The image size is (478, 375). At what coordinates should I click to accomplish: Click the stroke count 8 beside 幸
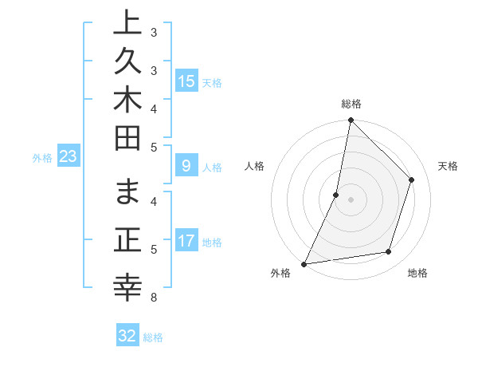154,298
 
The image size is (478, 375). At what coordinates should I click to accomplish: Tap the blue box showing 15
186,81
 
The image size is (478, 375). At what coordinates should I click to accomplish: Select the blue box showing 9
186,166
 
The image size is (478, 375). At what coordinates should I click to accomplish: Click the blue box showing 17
186,240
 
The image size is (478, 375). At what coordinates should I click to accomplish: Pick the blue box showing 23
69,156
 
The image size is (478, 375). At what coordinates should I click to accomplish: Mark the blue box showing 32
127,336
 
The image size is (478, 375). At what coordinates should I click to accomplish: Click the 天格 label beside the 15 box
212,82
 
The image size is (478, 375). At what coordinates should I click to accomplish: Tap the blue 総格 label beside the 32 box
154,337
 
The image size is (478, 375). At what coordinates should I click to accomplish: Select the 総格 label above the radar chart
351,104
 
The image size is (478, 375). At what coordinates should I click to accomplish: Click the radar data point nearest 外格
304,263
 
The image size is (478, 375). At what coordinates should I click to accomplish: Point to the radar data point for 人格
336,194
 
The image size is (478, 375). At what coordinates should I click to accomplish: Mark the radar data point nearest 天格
412,180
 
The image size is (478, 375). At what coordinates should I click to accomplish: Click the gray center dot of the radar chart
351,199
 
